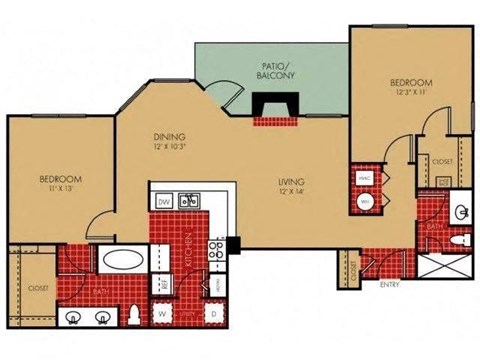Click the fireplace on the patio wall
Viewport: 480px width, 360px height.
(x=269, y=107)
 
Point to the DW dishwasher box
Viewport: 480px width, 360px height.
(x=164, y=201)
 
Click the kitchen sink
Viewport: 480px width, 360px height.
(x=187, y=201)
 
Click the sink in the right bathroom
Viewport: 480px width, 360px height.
(x=462, y=212)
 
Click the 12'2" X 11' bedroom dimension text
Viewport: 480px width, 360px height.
(x=410, y=91)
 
